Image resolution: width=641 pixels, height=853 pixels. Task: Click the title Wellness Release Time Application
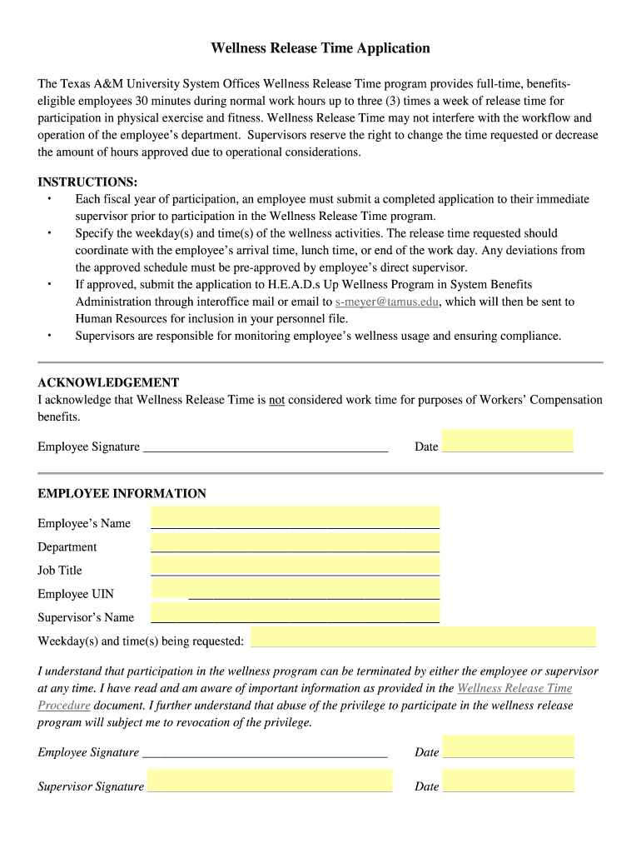coord(320,48)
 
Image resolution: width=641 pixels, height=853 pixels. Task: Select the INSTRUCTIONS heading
coord(87,182)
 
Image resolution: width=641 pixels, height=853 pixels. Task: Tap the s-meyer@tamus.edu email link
coord(387,302)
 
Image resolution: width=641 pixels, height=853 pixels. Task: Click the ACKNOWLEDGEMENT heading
coord(108,382)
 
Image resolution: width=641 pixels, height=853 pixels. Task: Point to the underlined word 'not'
coord(276,400)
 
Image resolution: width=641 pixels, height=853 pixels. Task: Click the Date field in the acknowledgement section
coord(507,441)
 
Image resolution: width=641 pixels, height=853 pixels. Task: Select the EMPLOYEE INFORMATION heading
coord(122,493)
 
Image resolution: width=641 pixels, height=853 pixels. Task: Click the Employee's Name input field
coord(295,517)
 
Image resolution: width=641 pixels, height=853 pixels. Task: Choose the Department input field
coord(295,541)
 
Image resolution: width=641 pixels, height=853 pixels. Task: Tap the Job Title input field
coord(295,565)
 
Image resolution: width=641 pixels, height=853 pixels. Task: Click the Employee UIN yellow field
coord(170,589)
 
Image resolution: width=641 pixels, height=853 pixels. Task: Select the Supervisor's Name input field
coord(295,613)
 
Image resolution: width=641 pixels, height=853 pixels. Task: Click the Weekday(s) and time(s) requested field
coord(423,636)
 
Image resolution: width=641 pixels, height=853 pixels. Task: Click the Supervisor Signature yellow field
coord(270,781)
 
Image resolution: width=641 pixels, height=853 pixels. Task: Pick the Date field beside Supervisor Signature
coord(508,781)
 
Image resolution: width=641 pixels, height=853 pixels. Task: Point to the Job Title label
coord(60,571)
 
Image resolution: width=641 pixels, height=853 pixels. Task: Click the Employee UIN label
coord(76,594)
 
